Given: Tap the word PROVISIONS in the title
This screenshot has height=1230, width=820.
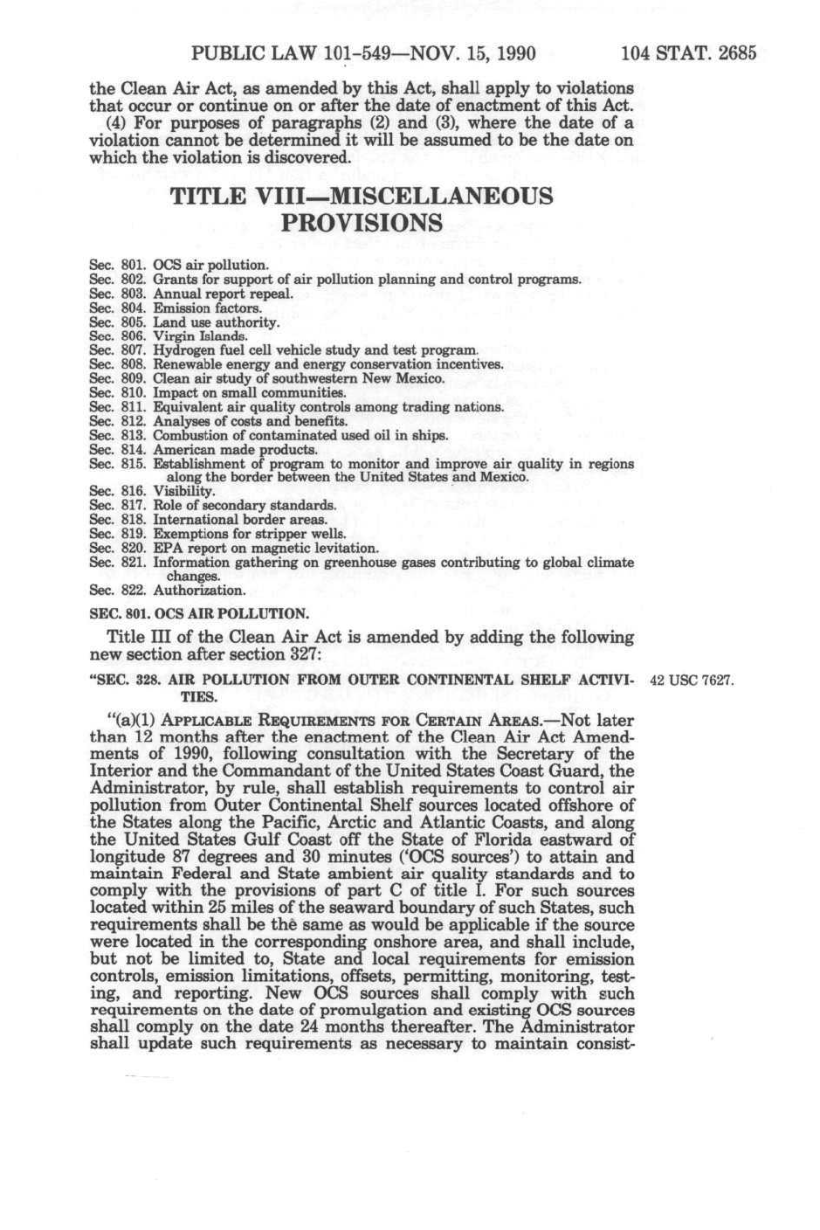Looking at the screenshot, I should [x=362, y=223].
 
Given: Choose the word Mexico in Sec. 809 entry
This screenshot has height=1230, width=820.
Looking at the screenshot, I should [x=422, y=378].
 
